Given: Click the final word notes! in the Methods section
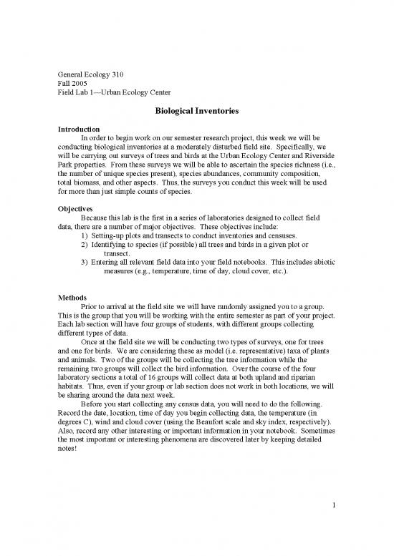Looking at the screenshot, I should pos(69,462).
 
